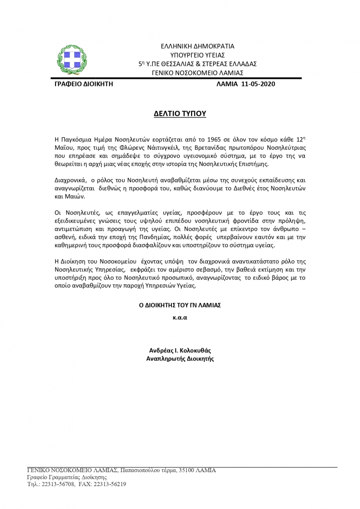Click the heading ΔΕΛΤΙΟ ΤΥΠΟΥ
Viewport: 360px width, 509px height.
click(180, 114)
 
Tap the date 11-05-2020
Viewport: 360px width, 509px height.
click(258, 84)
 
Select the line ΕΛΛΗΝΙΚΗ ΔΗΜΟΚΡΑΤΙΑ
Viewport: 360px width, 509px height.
click(197, 46)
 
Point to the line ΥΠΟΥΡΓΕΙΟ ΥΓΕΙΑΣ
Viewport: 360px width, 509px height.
click(197, 55)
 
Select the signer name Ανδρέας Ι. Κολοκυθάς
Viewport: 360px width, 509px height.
click(180, 351)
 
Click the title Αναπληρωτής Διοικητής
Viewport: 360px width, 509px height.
click(180, 359)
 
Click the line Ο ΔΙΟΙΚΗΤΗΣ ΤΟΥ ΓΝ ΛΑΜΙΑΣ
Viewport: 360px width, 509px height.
click(180, 305)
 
